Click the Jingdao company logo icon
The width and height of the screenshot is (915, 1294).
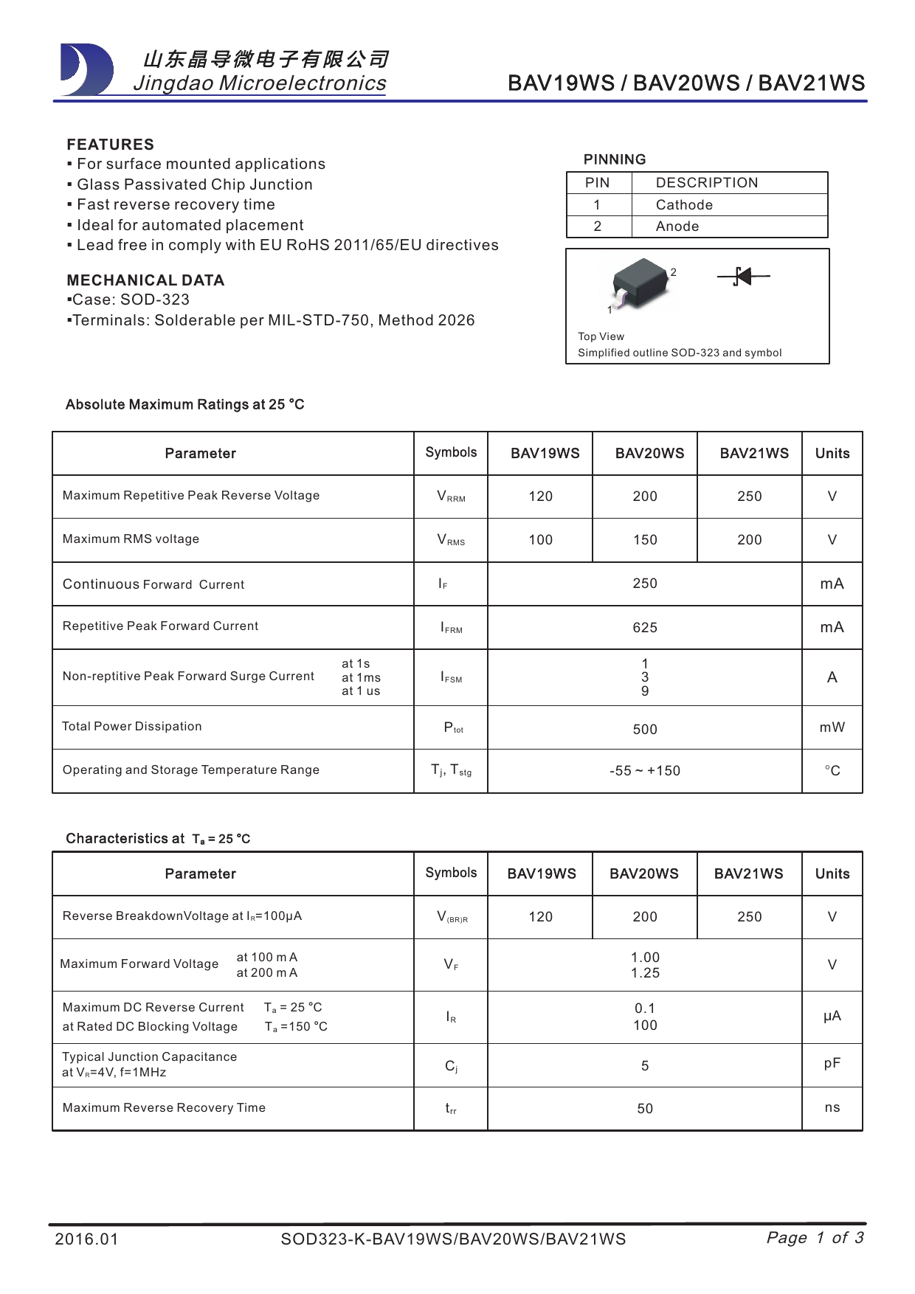[86, 70]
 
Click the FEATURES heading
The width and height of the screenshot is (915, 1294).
[111, 145]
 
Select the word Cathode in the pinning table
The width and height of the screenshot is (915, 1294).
[684, 205]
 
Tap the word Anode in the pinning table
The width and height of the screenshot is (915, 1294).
[677, 226]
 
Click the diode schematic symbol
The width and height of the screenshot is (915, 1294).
[743, 277]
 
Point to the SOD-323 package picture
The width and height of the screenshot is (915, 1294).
[642, 283]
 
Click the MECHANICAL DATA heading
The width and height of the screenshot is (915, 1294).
[145, 280]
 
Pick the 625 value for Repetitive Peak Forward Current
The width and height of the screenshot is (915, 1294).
[644, 628]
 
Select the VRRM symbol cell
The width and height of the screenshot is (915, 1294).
[451, 497]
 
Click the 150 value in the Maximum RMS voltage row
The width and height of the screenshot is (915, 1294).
[644, 540]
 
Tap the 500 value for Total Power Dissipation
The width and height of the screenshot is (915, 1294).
[644, 730]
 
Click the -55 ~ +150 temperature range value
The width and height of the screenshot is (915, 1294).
[644, 771]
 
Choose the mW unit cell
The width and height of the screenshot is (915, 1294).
[832, 727]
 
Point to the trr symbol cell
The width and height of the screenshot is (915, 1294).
[451, 1109]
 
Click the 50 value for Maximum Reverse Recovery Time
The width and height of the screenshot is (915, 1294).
[644, 1109]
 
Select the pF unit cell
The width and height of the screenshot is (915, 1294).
[832, 1064]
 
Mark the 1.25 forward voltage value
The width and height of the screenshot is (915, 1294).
[645, 973]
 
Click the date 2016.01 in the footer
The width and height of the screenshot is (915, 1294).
[86, 1239]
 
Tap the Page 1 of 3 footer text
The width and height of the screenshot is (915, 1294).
[815, 1238]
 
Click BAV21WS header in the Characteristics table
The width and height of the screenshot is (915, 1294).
[748, 874]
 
